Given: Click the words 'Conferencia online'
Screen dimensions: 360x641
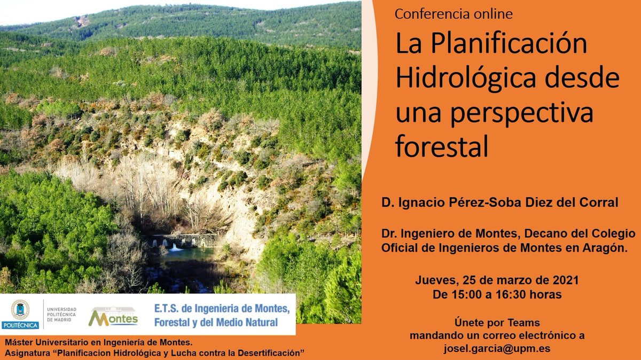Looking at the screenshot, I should (454, 14).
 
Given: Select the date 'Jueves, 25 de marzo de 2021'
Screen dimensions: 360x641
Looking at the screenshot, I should (497, 280).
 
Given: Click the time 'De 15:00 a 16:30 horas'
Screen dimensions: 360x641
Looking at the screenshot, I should (497, 294).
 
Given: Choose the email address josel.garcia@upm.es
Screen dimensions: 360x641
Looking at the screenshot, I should (497, 349).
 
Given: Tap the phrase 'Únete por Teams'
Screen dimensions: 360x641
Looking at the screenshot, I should (497, 323).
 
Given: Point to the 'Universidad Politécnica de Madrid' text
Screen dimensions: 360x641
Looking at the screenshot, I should (62, 314).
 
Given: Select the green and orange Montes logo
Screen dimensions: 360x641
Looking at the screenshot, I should (113, 316).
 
